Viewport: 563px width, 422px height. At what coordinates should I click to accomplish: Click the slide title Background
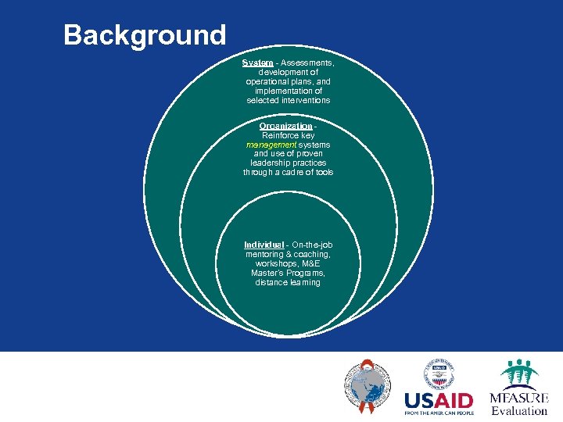click(x=145, y=35)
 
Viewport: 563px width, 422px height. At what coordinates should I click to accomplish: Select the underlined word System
click(x=257, y=63)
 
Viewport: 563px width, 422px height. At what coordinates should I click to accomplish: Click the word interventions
click(x=306, y=100)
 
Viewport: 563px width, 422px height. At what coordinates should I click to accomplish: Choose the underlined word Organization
click(x=285, y=126)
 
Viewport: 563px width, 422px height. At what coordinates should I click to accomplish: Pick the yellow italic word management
click(x=267, y=145)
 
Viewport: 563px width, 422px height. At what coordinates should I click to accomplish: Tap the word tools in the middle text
click(x=324, y=172)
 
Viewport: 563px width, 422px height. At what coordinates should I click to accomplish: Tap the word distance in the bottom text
click(x=271, y=283)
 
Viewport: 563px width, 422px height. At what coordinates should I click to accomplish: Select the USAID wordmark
click(x=438, y=400)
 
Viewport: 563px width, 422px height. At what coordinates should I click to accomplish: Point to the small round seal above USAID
click(x=438, y=374)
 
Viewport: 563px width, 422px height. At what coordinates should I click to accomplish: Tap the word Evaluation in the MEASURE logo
click(x=519, y=411)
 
